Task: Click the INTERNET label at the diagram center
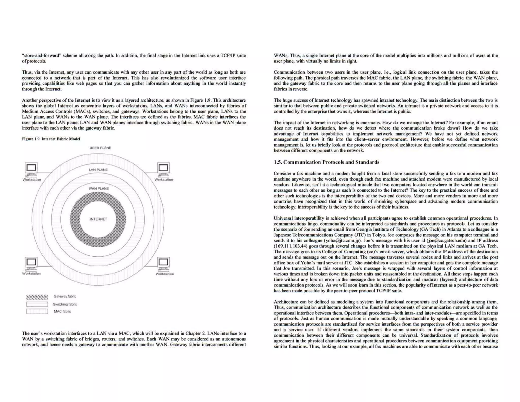(99, 219)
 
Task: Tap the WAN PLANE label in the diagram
(99, 189)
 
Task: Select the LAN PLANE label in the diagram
(98, 170)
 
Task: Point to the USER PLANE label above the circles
(100, 148)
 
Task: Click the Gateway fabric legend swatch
(37, 297)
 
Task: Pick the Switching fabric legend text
(65, 304)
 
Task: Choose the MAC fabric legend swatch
(37, 312)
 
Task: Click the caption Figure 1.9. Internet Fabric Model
(51, 139)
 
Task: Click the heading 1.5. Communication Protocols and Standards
(326, 162)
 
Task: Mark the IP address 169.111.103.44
(291, 246)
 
